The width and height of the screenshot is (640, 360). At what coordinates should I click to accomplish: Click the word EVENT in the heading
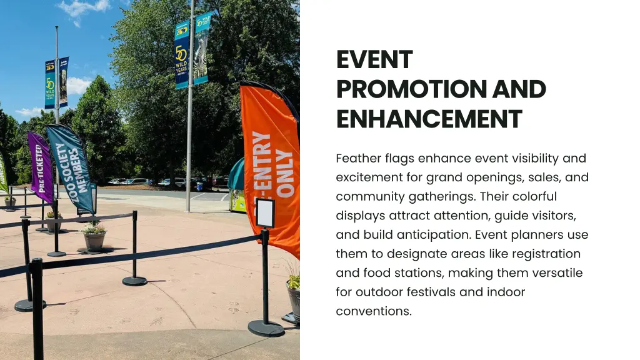374,60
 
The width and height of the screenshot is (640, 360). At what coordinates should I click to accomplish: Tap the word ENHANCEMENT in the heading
428,119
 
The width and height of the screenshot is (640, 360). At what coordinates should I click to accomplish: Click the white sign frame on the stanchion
265,212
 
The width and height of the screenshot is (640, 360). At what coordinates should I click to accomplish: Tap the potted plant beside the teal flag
94,236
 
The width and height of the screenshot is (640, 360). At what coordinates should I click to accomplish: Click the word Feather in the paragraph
357,159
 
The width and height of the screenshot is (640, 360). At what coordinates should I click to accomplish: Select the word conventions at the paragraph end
373,311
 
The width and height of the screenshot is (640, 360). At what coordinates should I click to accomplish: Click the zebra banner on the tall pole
201,49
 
